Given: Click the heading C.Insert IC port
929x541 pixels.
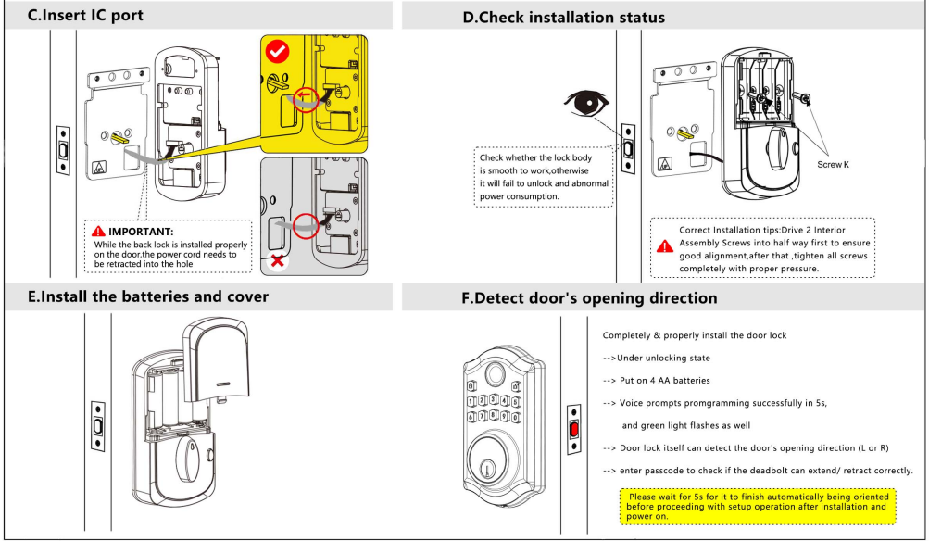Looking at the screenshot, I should pyautogui.click(x=86, y=16).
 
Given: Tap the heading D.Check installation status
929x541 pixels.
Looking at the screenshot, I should pyautogui.click(x=563, y=18).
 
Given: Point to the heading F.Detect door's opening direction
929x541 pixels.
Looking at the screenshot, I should pyautogui.click(x=589, y=298).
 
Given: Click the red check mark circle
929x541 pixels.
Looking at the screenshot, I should pyautogui.click(x=278, y=52).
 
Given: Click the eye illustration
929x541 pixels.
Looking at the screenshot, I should pyautogui.click(x=586, y=105).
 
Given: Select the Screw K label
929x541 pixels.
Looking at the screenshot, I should pyautogui.click(x=833, y=164).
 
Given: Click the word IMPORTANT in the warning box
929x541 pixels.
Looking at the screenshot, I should pyautogui.click(x=141, y=231).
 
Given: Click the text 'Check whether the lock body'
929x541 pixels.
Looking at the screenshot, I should pyautogui.click(x=535, y=158).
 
